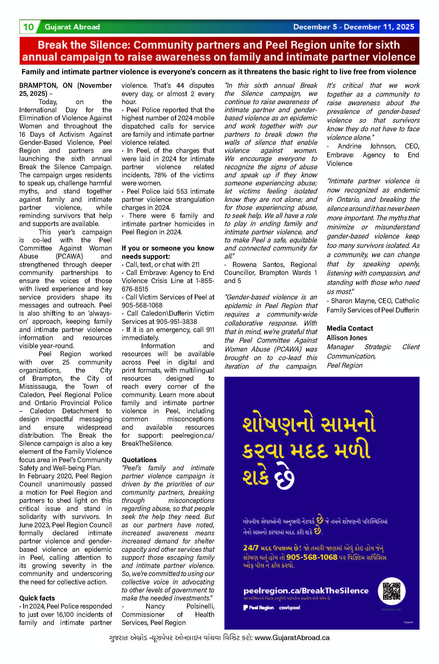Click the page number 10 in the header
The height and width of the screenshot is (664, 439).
tap(28, 27)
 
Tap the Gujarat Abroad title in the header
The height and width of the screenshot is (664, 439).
tap(72, 27)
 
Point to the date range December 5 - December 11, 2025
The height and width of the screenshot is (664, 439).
tap(354, 27)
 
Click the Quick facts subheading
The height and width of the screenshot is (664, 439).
tap(37, 598)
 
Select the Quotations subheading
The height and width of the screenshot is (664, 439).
tap(139, 460)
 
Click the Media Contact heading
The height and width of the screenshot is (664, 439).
tap(350, 328)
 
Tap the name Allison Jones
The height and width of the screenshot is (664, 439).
tap(347, 337)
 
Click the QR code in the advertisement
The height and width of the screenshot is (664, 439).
tap(391, 591)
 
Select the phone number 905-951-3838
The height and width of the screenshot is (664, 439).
tap(176, 322)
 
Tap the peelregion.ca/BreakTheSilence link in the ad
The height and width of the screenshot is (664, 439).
tap(306, 591)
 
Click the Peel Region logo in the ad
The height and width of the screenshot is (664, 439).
tap(259, 607)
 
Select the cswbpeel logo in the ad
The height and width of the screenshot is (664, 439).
tap(289, 607)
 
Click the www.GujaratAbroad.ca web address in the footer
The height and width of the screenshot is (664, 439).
tap(292, 638)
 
